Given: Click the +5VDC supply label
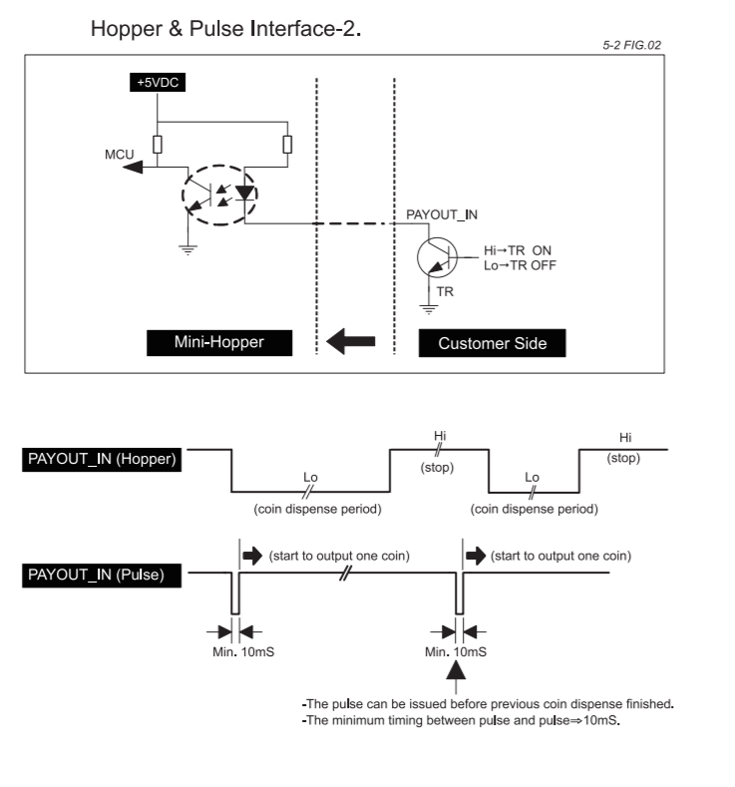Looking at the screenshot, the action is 158,83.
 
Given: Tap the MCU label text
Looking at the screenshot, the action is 120,154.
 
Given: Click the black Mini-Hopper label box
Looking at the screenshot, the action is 219,343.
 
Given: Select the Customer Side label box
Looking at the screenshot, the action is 493,343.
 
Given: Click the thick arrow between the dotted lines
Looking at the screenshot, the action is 351,341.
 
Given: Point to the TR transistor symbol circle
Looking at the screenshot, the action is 437,257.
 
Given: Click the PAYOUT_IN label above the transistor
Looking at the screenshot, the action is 442,214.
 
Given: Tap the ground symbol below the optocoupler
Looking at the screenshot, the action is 188,250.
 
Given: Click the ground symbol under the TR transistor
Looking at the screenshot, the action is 429,309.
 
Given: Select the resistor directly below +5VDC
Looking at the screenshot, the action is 158,145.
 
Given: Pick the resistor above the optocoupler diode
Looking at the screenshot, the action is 287,145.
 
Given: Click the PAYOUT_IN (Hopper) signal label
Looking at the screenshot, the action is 102,459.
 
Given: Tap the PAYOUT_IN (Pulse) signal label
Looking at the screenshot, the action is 102,575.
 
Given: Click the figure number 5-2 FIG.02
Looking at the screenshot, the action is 631,45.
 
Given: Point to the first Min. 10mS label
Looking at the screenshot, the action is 243,652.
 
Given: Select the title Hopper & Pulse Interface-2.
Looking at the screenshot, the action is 225,29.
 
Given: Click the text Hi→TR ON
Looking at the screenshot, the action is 518,250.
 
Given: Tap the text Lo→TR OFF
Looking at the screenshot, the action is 520,265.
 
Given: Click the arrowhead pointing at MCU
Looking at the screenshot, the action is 133,167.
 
